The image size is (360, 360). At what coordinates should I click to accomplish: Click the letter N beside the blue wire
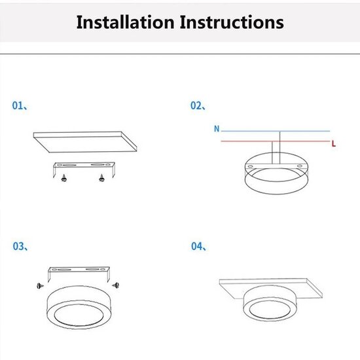pyautogui.click(x=216, y=129)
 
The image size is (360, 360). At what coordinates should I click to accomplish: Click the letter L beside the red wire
pyautogui.click(x=334, y=142)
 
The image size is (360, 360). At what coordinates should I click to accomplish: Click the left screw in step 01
pyautogui.click(x=64, y=177)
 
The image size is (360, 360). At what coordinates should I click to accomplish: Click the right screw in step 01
pyautogui.click(x=101, y=177)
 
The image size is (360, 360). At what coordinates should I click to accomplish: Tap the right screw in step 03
pyautogui.click(x=116, y=285)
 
